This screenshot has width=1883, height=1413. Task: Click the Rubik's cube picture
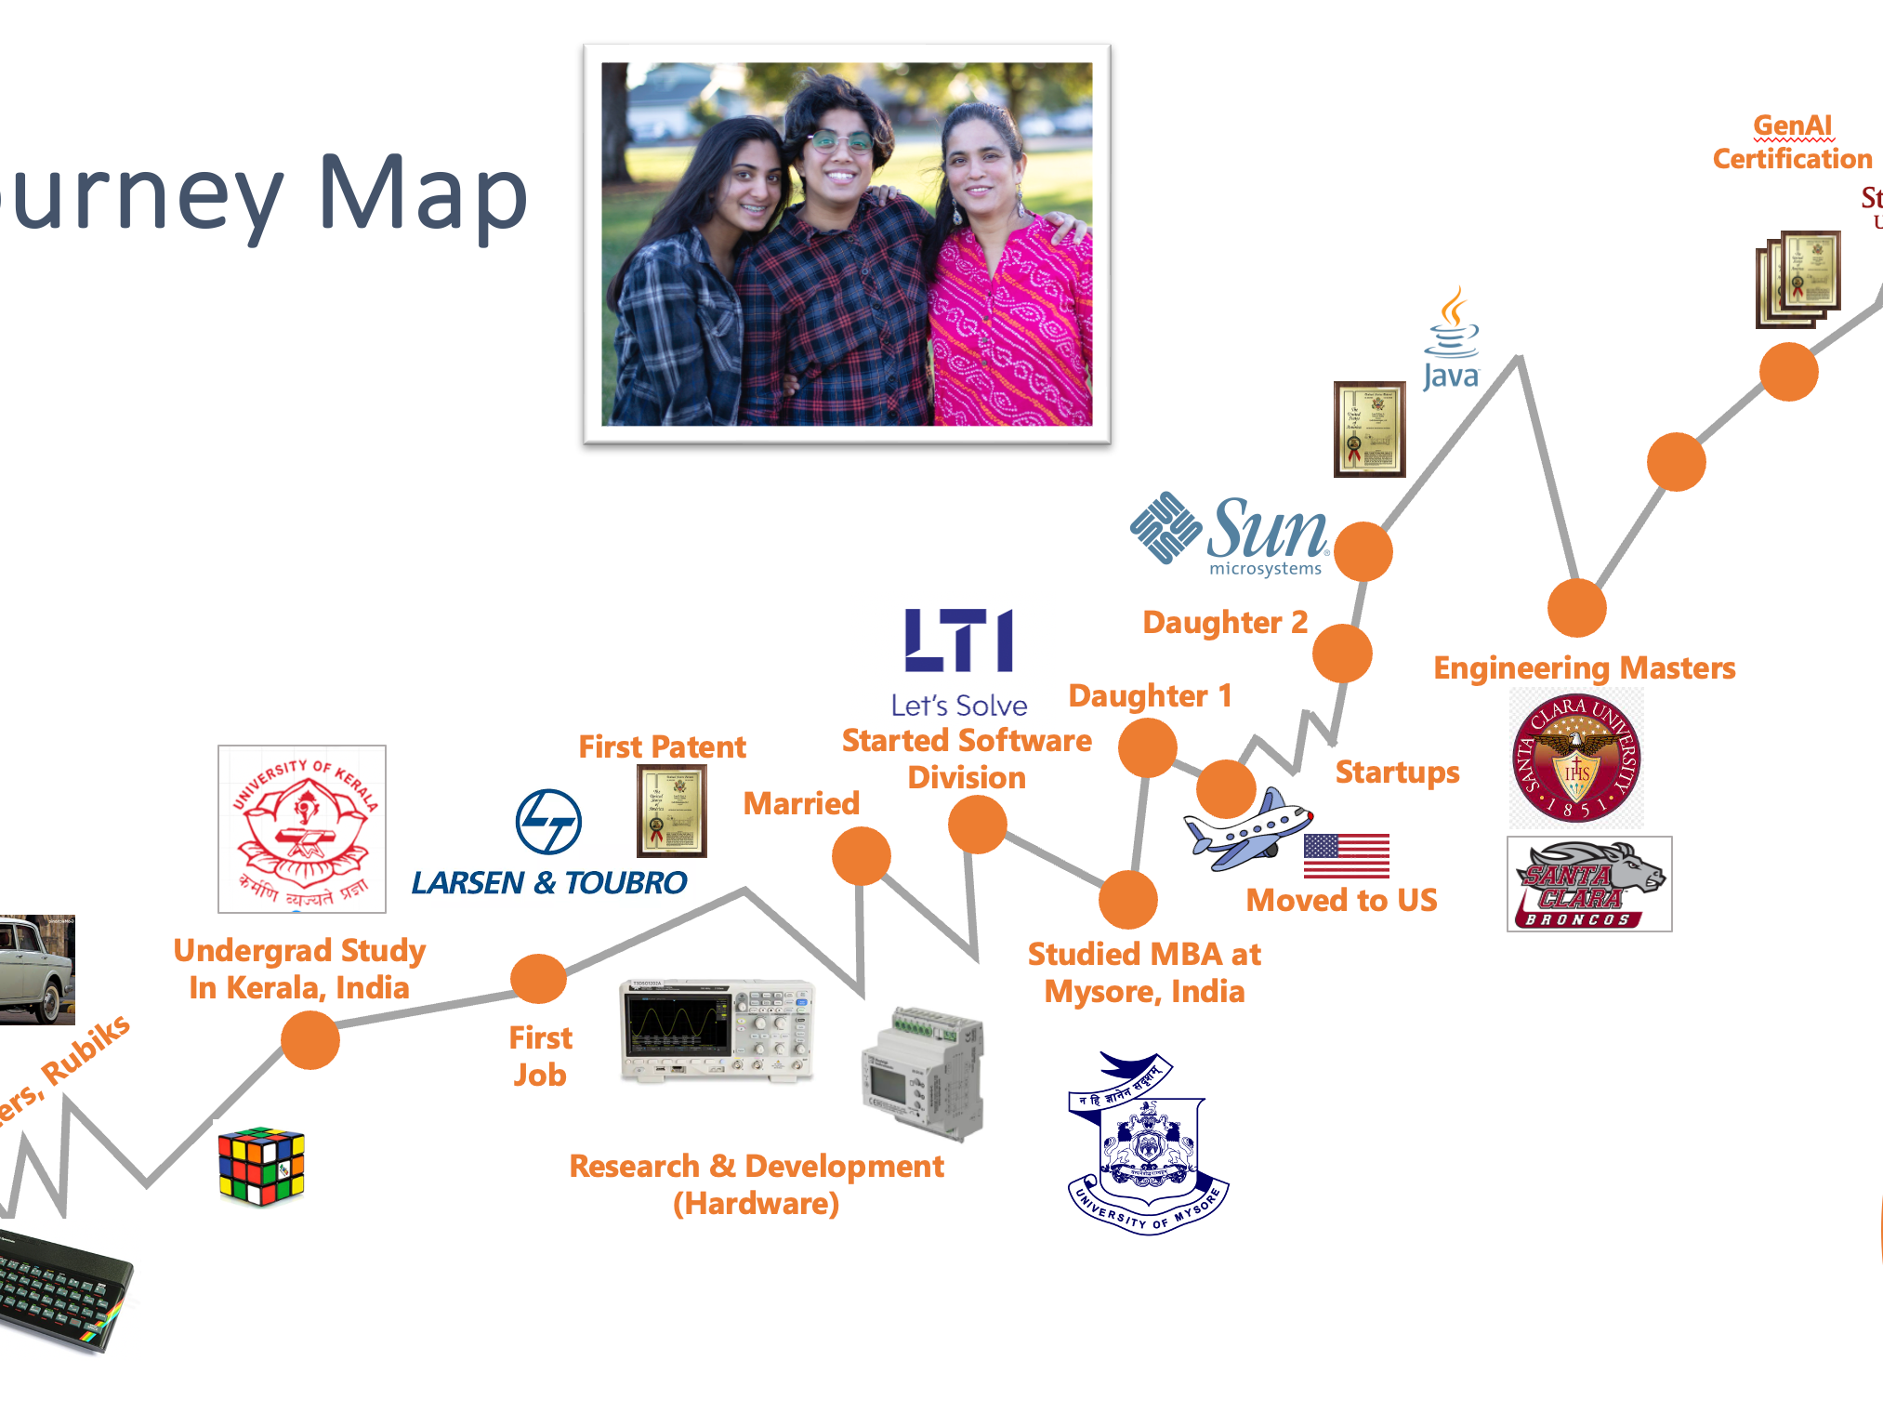(x=261, y=1166)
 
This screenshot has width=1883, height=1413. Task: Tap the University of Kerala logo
(x=302, y=828)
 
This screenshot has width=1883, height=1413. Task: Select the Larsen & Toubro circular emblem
(x=548, y=822)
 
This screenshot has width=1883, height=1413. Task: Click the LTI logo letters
(x=959, y=640)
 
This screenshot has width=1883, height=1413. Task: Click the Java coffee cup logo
(x=1452, y=338)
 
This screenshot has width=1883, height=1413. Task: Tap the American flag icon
(x=1346, y=855)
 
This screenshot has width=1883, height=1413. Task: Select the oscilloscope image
(x=717, y=1030)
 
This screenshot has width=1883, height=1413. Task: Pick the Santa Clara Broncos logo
(x=1589, y=884)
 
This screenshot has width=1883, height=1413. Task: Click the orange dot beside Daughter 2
(x=1342, y=654)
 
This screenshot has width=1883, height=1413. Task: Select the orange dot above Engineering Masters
(x=1576, y=608)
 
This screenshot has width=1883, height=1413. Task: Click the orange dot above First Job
(x=539, y=978)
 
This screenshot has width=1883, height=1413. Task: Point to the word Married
(x=801, y=803)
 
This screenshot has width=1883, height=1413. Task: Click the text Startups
(x=1397, y=772)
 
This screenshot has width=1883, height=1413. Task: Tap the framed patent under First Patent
(x=671, y=811)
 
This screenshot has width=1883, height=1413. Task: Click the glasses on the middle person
(x=839, y=142)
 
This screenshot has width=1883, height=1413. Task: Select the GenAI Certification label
(x=1792, y=142)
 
